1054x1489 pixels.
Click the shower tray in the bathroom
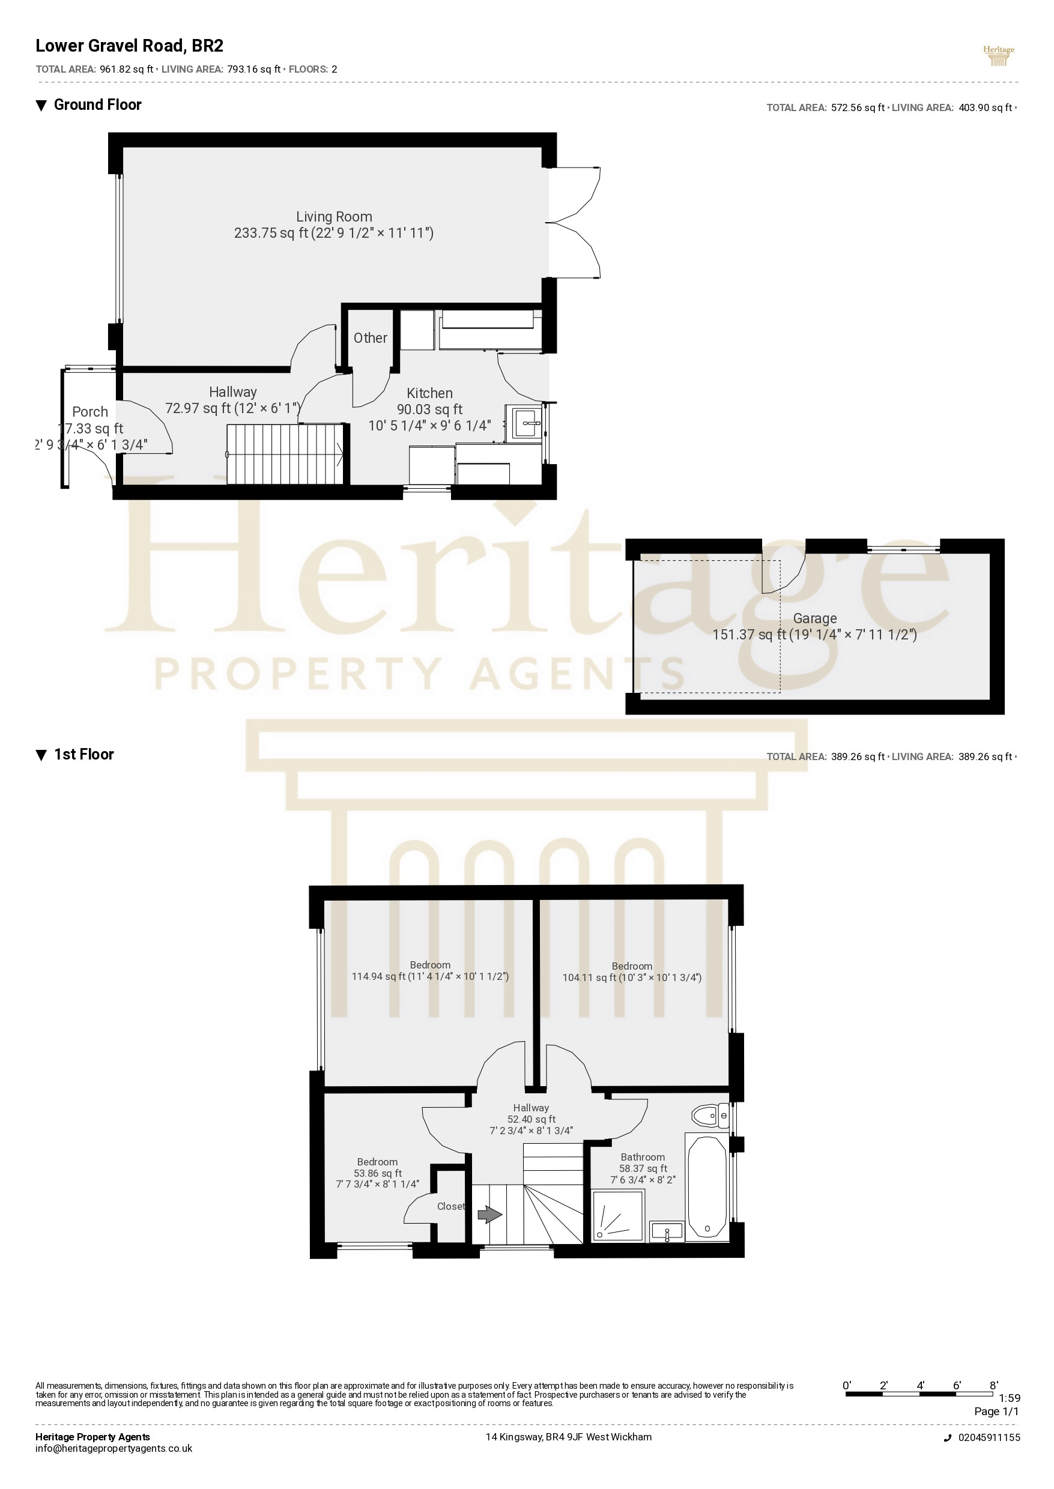(x=617, y=1216)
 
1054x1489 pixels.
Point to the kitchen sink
(x=527, y=423)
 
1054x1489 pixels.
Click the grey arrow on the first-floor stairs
(x=490, y=1214)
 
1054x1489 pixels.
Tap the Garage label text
(x=814, y=618)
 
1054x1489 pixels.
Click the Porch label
(x=90, y=411)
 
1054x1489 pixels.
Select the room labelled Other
(x=370, y=338)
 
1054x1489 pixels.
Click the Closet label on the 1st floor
(x=451, y=1206)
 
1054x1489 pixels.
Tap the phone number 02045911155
(x=989, y=1437)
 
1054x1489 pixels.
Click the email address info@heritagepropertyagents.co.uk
(x=114, y=1448)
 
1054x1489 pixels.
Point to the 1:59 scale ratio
(x=1009, y=1398)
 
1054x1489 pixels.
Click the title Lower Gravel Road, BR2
(x=129, y=46)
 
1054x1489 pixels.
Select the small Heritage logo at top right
(x=998, y=56)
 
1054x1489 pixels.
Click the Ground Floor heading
(x=97, y=105)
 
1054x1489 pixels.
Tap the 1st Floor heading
(x=83, y=754)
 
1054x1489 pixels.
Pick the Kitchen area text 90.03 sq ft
(x=429, y=409)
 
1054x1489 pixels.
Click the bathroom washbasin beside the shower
(x=667, y=1230)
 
